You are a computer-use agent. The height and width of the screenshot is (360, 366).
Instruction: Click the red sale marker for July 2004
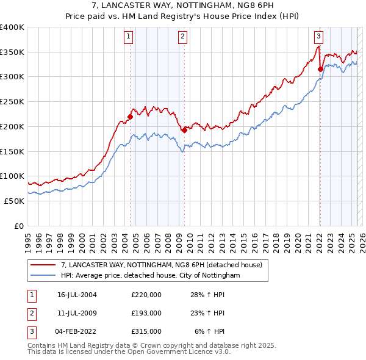130,117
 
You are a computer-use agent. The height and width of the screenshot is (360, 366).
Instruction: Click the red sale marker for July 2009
184,129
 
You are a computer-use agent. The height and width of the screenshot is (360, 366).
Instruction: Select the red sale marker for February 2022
320,69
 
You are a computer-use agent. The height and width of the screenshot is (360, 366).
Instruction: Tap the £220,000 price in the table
146,295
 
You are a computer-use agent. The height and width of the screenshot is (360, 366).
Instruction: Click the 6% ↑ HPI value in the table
209,331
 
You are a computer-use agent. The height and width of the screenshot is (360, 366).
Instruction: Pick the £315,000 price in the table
146,331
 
